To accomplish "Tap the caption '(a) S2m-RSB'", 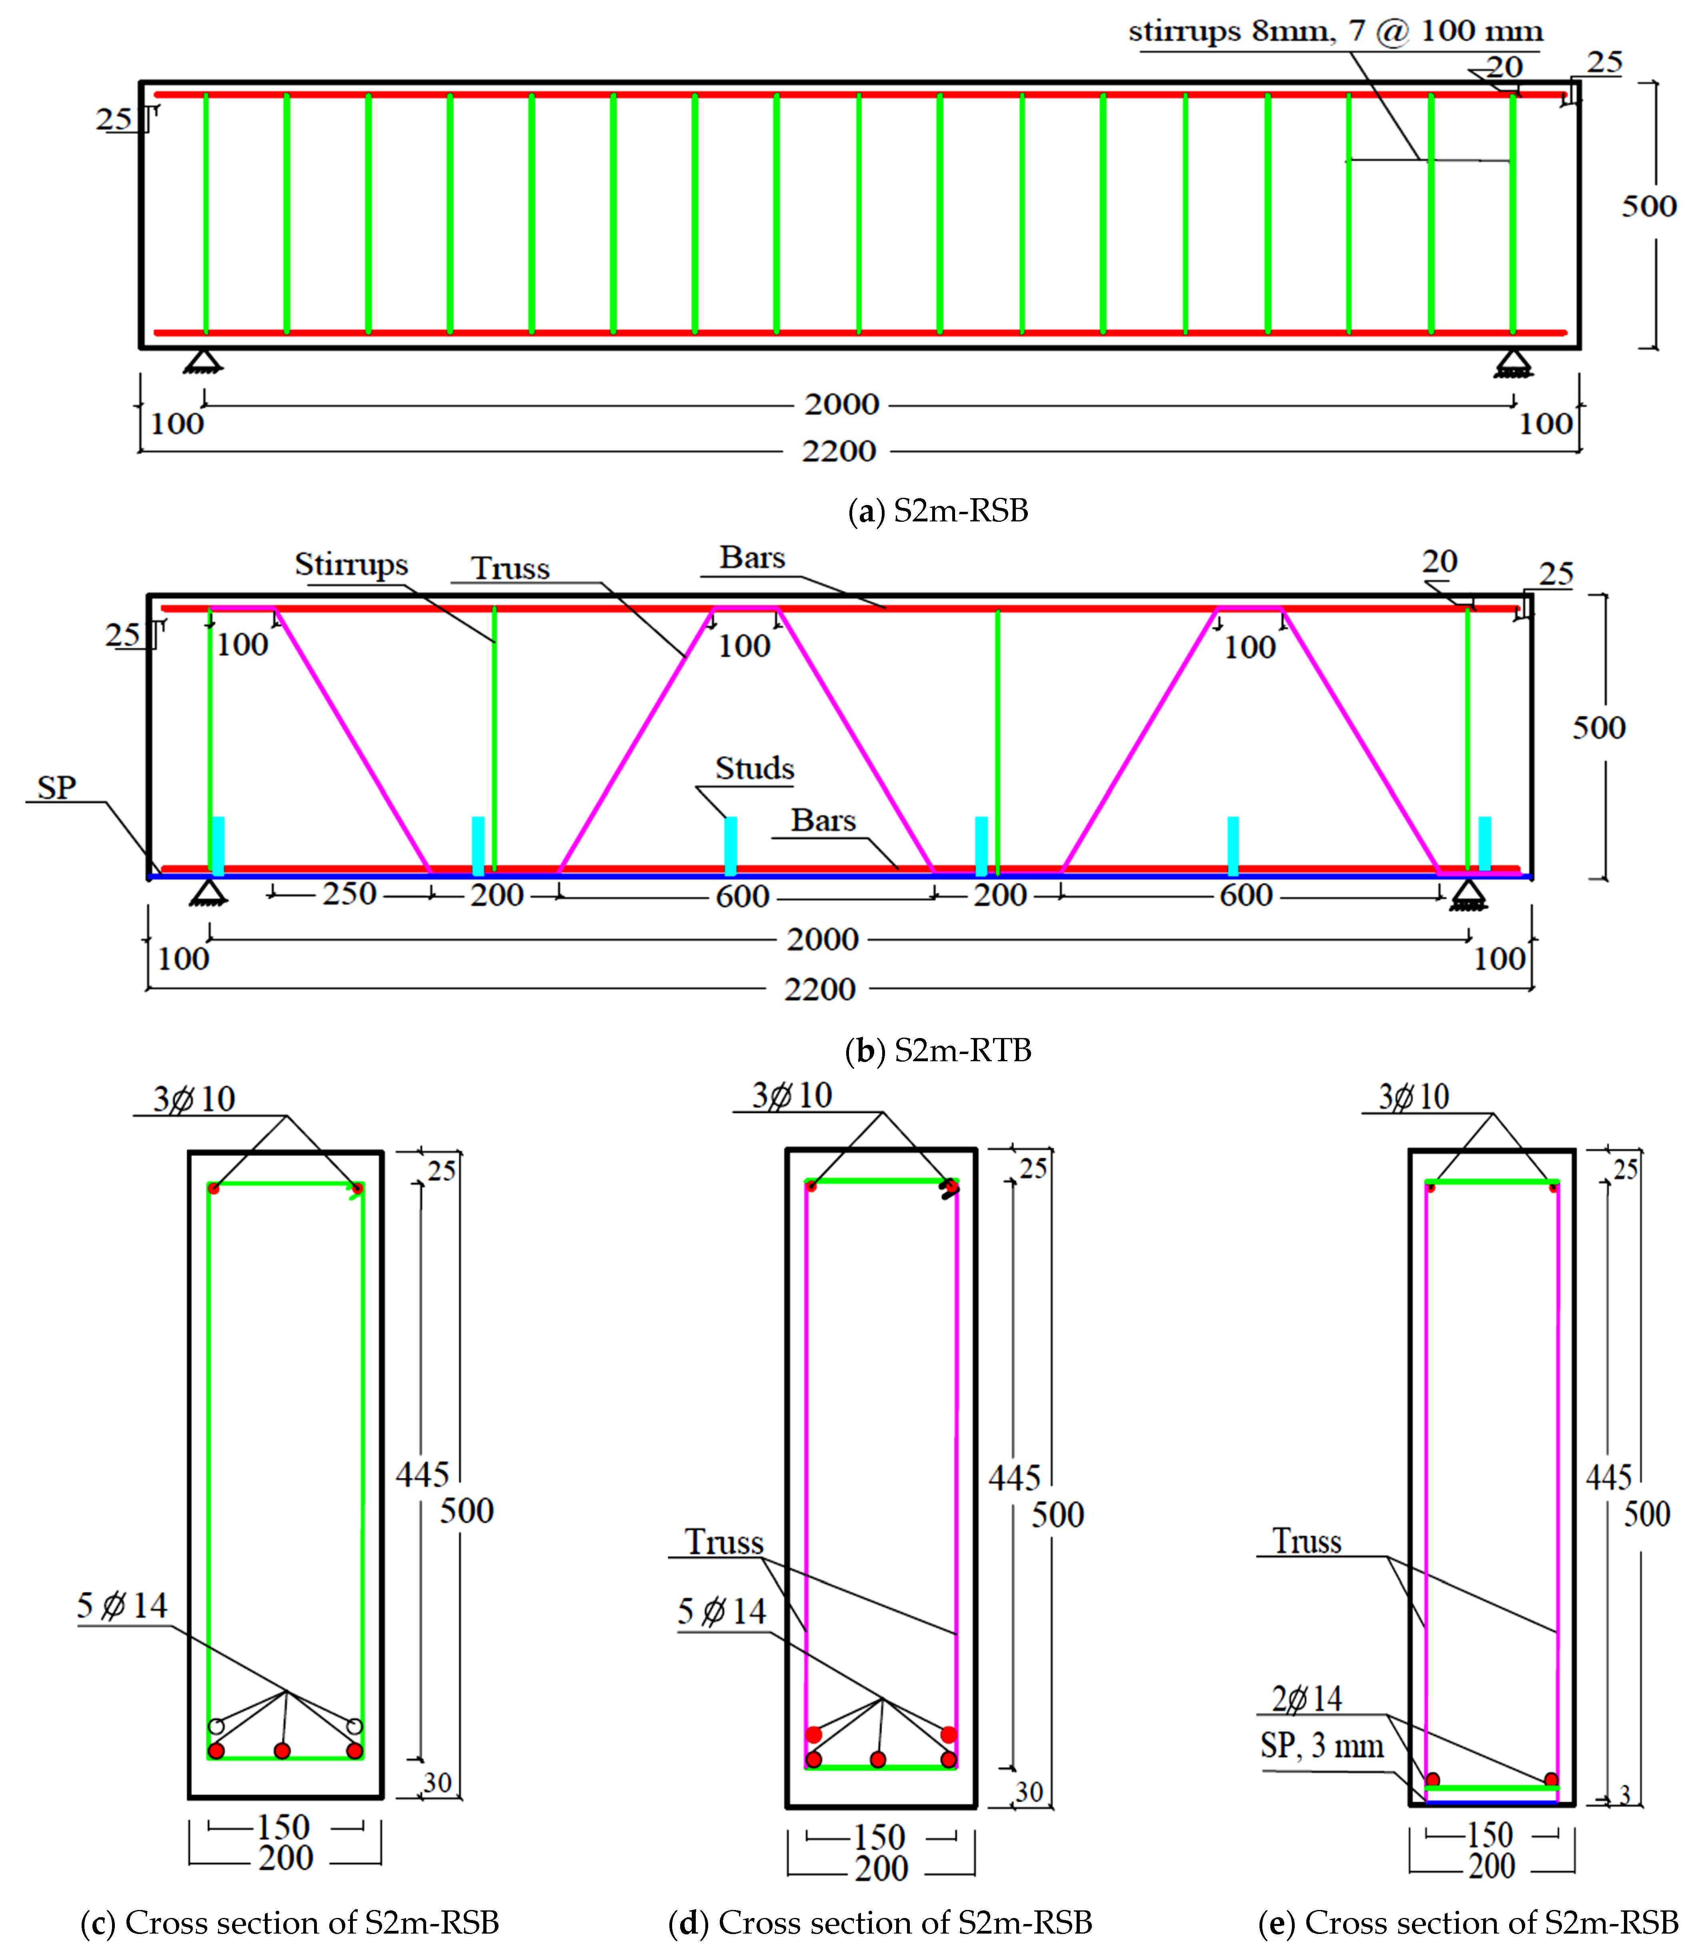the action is [938, 511].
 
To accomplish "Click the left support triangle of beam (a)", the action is [203, 361].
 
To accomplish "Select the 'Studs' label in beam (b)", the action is [754, 768].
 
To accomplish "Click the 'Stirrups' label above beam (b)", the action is [352, 564].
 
